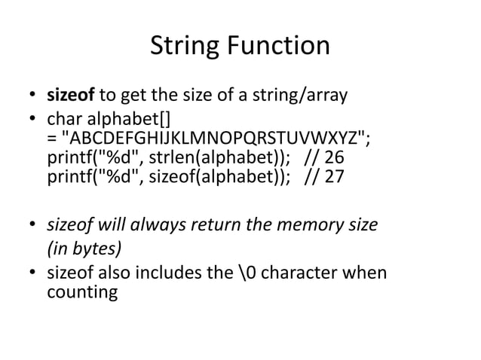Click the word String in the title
(182, 47)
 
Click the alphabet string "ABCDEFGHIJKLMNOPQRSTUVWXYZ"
(214, 142)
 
